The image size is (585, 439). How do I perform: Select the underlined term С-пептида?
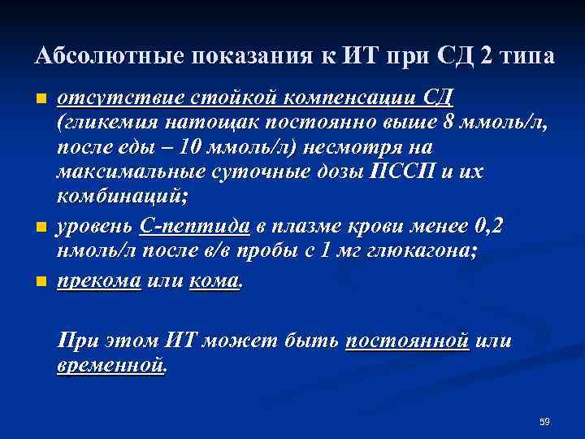(194, 226)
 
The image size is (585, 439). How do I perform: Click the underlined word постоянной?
(408, 341)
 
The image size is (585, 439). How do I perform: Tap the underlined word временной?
(110, 366)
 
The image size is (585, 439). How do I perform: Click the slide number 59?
(544, 421)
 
